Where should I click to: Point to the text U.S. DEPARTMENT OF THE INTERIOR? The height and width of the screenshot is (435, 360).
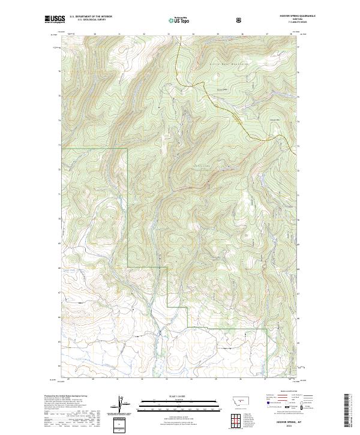pos(91,17)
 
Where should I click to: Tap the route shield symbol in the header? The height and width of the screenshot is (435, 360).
pos(239,20)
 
